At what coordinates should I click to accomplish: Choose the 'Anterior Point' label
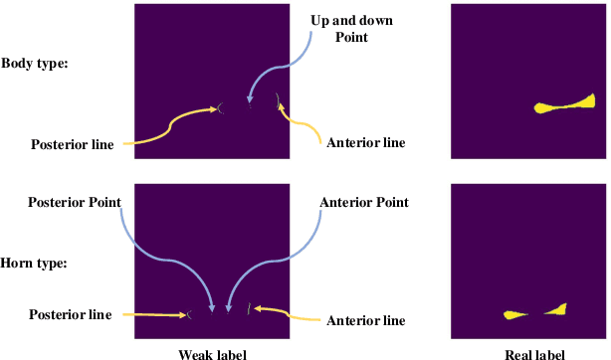(365, 202)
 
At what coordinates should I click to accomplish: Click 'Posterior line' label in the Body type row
(71, 144)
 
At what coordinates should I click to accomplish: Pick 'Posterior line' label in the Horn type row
(71, 314)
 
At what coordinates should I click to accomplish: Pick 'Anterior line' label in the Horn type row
(366, 320)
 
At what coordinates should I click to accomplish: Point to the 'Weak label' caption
(212, 353)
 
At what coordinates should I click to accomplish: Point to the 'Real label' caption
(528, 353)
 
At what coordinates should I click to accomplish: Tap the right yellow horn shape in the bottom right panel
(557, 310)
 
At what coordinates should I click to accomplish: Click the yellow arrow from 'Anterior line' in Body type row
(304, 128)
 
